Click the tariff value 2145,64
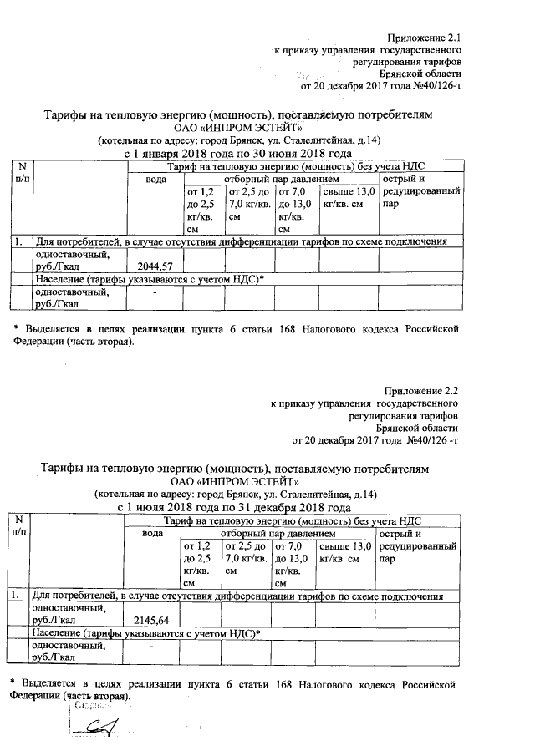[x=151, y=621]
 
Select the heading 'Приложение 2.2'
[x=422, y=391]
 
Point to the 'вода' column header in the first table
[x=155, y=180]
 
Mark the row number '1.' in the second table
[x=16, y=596]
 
